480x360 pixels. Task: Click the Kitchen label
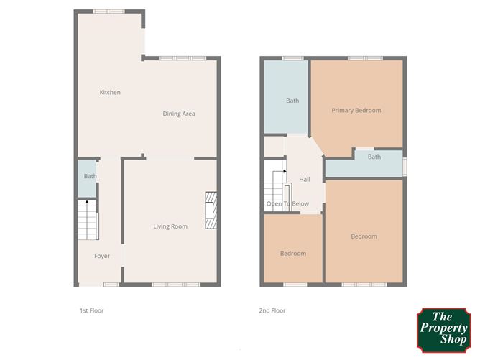110,92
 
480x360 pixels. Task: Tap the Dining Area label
179,114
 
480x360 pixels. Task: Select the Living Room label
170,226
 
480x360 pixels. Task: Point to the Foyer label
102,256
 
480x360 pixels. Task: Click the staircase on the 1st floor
87,219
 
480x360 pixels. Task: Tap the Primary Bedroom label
356,111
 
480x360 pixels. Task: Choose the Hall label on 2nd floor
305,180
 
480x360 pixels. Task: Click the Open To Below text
287,204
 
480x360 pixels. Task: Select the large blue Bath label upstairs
292,101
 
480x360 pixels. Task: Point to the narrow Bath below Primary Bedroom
374,157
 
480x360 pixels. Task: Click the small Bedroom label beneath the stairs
292,254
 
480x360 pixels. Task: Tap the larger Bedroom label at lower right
364,236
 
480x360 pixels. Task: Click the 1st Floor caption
92,311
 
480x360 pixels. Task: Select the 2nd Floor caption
272,311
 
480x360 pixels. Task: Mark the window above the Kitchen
109,11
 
